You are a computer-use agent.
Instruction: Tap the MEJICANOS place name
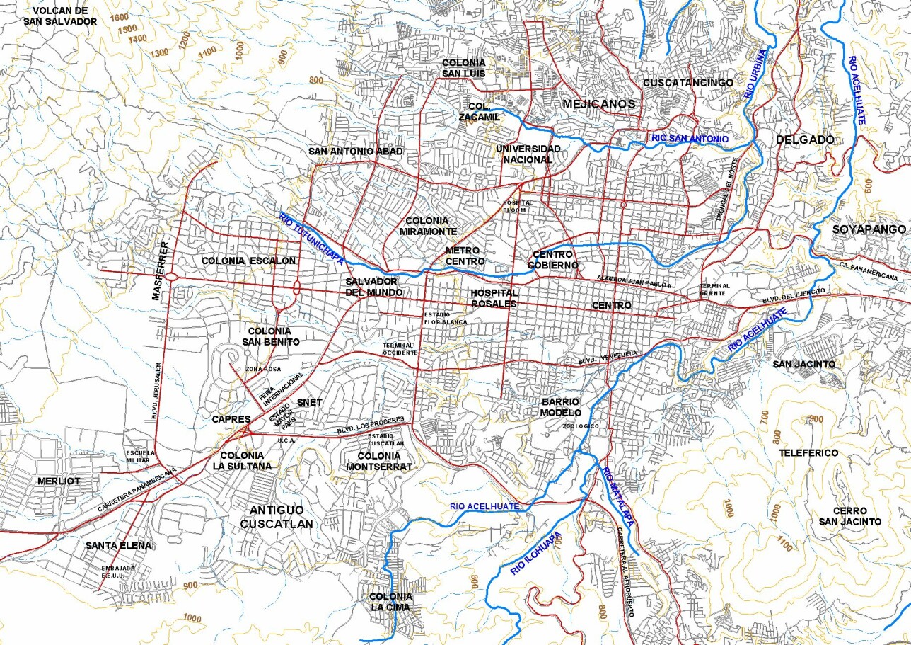pos(598,104)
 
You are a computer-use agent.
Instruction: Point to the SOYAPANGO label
pos(869,229)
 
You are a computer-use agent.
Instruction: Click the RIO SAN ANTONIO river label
pos(689,139)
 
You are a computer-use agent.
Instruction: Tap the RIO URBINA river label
pos(755,74)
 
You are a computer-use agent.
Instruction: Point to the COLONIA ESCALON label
pos(248,261)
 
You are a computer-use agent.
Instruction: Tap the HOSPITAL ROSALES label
pos(494,298)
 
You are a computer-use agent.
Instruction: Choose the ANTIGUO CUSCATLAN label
pos(277,517)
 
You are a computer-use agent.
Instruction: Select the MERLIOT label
pos(59,481)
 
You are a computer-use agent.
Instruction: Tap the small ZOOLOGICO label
pos(581,426)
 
